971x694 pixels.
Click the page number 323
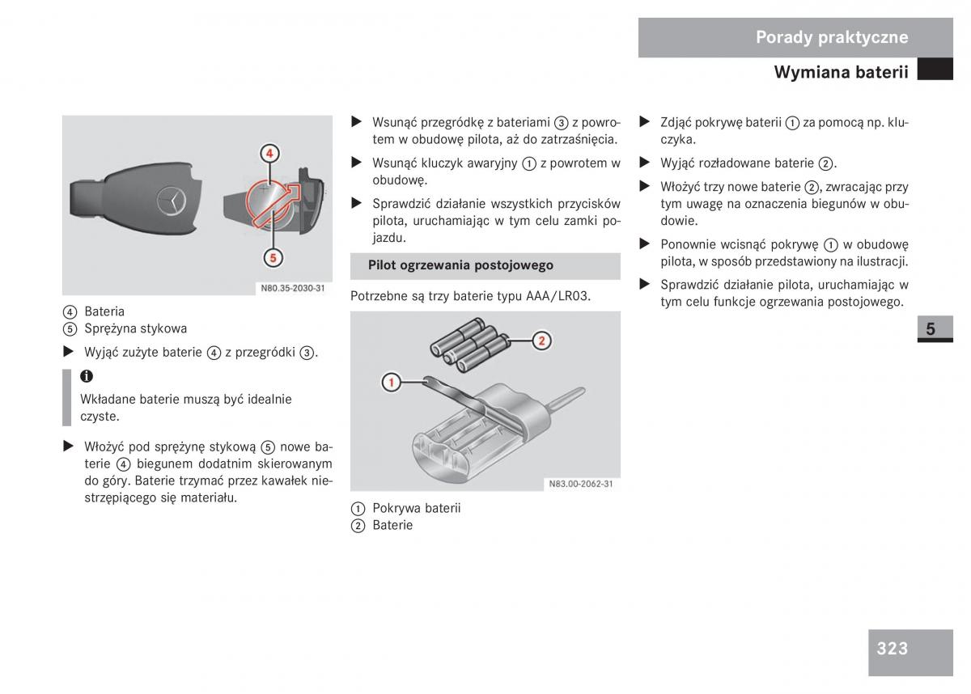pyautogui.click(x=891, y=649)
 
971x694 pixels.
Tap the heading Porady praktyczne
pyautogui.click(x=832, y=37)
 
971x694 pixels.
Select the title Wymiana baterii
pyautogui.click(x=841, y=72)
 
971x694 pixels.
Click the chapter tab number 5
pyautogui.click(x=931, y=328)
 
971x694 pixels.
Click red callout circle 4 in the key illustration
pyautogui.click(x=270, y=154)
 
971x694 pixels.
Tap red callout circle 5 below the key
pyautogui.click(x=273, y=258)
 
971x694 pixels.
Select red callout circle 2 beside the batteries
pyautogui.click(x=542, y=340)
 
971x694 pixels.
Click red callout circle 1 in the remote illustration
pyautogui.click(x=391, y=381)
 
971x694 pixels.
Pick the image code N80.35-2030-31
pyautogui.click(x=293, y=287)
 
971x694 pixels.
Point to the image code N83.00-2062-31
pyautogui.click(x=580, y=484)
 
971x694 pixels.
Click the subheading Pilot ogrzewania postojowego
pyautogui.click(x=460, y=265)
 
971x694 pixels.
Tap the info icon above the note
pyautogui.click(x=87, y=377)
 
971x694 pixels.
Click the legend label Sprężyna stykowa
pyautogui.click(x=135, y=328)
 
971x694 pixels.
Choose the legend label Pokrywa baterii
pyautogui.click(x=416, y=508)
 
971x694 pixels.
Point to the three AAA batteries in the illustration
pyautogui.click(x=469, y=347)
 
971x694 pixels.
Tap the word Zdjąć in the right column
pyautogui.click(x=677, y=123)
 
